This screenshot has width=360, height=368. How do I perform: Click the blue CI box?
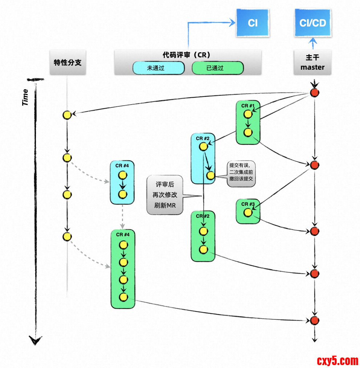pos(253,23)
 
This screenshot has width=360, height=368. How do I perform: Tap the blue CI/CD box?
pos(312,23)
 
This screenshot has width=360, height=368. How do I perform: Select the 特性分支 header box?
pos(68,62)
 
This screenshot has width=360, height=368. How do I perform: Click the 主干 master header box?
pos(312,62)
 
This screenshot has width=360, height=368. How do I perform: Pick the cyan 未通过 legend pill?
pos(159,68)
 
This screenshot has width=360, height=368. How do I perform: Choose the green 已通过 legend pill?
pos(217,68)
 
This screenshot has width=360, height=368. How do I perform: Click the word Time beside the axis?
pos(25,97)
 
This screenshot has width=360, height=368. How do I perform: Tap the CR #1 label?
pos(248,106)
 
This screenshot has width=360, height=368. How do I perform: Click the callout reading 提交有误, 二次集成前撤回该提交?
pos(241,174)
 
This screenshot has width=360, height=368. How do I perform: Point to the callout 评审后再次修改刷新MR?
pos(165,195)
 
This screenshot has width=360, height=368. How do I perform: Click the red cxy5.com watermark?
pos(337,360)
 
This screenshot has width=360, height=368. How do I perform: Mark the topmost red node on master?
pos(315,93)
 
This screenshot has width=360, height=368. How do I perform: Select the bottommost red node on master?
pos(315,320)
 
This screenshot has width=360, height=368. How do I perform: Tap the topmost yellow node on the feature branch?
pos(66,115)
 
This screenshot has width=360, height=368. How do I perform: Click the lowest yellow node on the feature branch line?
pos(66,237)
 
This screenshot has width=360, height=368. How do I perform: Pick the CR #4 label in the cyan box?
pos(122,166)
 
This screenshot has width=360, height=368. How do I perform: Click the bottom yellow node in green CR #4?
pos(124,297)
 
